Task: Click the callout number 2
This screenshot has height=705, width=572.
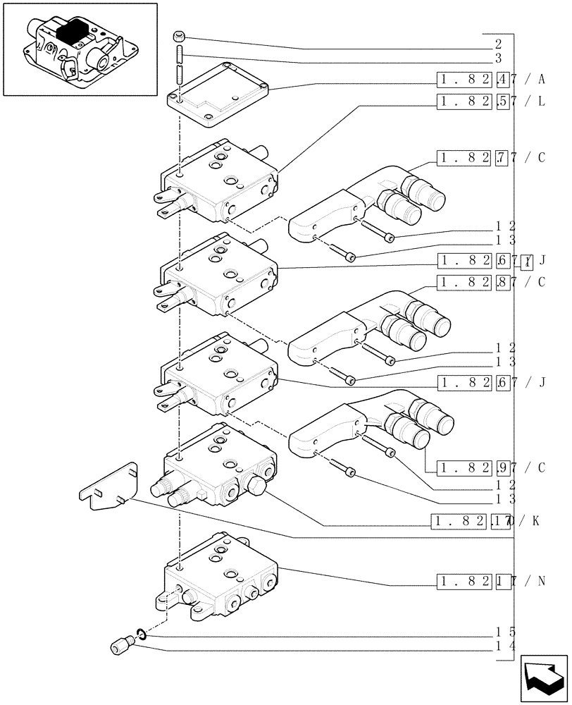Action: (x=498, y=44)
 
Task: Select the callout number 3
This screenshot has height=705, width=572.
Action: (x=498, y=59)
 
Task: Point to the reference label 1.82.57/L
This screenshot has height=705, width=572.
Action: (x=490, y=101)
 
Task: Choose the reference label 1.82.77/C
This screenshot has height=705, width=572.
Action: (x=490, y=158)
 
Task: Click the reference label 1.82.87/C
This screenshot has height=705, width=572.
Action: (x=490, y=283)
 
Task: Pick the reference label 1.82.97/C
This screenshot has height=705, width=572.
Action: (x=490, y=467)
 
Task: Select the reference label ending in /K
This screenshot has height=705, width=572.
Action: (x=486, y=522)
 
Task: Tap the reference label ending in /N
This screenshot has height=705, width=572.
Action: (x=490, y=582)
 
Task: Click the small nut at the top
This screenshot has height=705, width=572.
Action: (x=180, y=36)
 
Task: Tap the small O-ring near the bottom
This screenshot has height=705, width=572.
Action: (x=141, y=636)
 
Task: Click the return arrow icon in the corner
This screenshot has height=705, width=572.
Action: (x=545, y=680)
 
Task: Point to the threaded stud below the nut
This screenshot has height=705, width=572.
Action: (x=180, y=63)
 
